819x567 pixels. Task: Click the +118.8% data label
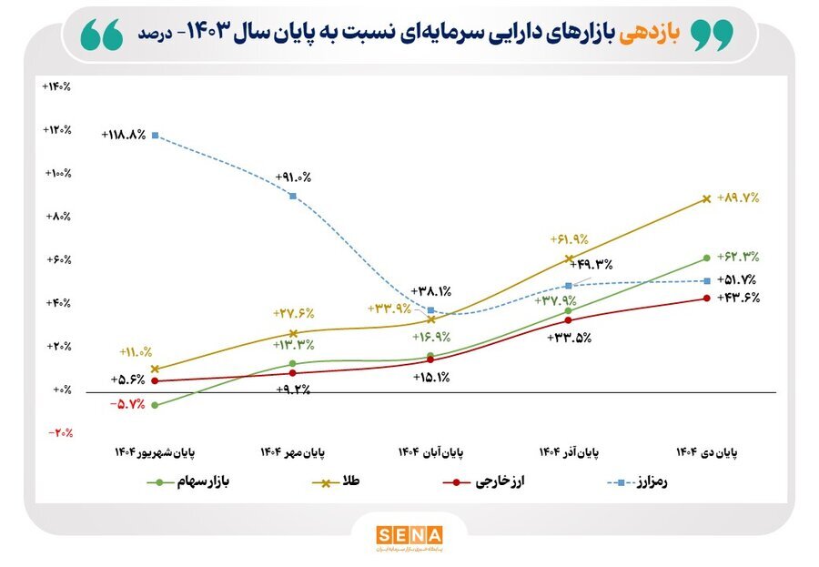click(126, 135)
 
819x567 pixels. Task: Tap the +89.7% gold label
click(738, 197)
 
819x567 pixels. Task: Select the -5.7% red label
click(126, 404)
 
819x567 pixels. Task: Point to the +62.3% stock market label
click(738, 257)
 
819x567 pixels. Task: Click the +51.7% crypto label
click(738, 280)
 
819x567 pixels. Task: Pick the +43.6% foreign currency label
click(738, 298)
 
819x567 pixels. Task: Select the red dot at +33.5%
click(569, 319)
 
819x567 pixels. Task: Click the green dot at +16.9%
click(430, 356)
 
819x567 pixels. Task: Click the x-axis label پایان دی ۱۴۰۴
click(707, 451)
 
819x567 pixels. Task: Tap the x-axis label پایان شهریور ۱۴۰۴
click(155, 451)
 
